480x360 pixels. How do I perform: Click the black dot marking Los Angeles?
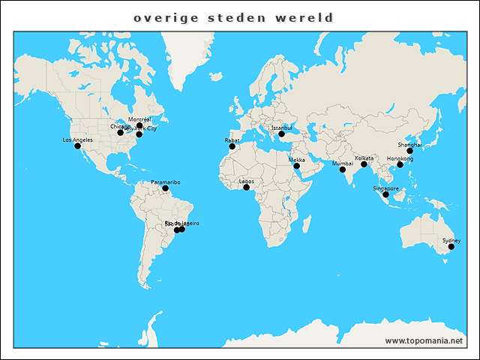pos(77,146)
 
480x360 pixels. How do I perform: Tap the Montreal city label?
pos(139,119)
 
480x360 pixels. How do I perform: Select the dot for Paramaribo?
pos(165,188)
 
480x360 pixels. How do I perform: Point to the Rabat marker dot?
pos(232,146)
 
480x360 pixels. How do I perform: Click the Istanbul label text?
pos(281,128)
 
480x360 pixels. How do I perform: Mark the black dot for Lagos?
pos(246,187)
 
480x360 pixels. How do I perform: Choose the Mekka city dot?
pos(296,166)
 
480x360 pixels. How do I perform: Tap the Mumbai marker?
pos(343,169)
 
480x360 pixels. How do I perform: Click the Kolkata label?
pos(364,158)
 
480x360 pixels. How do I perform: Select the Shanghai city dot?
pos(409,151)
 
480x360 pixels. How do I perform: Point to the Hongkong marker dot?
pos(400,165)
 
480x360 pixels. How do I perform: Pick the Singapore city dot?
pos(385,194)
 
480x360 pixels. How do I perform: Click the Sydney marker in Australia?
pos(451,247)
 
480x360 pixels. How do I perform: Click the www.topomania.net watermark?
pos(424,340)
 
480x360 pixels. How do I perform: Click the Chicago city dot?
pos(120,133)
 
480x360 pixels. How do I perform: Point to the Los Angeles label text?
pos(77,140)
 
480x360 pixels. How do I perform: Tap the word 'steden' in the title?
pos(233,16)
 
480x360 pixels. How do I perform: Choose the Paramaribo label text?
pos(165,182)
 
